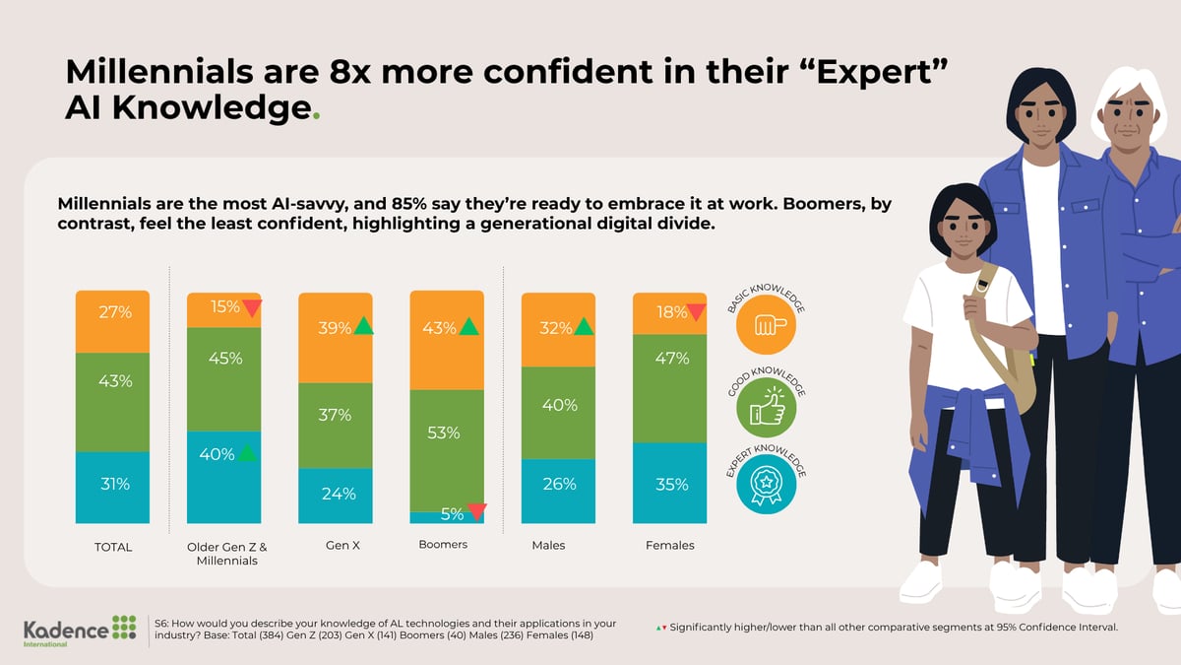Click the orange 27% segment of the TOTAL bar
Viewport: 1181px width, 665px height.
[112, 320]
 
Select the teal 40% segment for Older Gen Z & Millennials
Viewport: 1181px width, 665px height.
[223, 478]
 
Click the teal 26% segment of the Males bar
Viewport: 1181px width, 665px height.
[558, 491]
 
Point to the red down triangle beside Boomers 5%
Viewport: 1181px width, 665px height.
[476, 511]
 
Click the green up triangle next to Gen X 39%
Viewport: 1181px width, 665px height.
[364, 326]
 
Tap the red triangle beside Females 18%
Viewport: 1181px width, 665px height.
[696, 312]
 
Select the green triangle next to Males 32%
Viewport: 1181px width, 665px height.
[584, 326]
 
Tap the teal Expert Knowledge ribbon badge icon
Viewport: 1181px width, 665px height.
[767, 490]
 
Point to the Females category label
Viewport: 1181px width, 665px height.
[669, 546]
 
